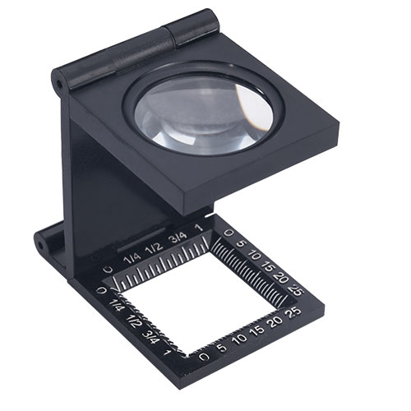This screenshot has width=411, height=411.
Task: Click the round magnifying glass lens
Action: click(204, 113)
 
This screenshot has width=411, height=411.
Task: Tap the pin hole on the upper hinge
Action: click(59, 84)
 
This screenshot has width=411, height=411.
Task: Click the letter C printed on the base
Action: click(109, 270)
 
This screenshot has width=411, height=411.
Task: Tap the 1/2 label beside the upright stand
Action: click(155, 247)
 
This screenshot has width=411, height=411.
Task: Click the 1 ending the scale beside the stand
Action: click(201, 227)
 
